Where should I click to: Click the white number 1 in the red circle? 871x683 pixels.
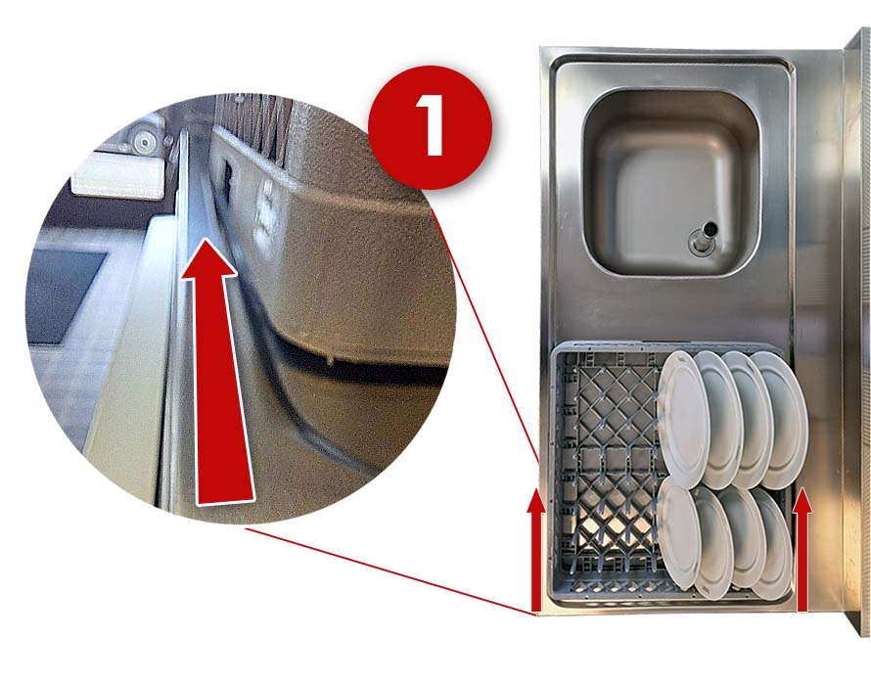click(429, 125)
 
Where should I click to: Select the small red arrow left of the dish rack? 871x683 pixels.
click(535, 550)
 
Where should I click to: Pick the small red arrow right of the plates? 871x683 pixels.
click(802, 550)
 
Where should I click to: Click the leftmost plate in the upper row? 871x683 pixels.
click(683, 419)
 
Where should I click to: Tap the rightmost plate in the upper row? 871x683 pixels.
click(783, 419)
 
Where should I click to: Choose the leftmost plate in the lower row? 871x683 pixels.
click(679, 534)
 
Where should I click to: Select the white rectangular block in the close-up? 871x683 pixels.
click(118, 176)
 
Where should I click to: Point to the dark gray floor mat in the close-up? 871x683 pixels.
click(63, 297)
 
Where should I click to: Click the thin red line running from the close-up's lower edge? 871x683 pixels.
click(390, 572)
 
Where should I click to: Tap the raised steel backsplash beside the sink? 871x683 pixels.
click(855, 333)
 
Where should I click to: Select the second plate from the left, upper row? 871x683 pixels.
click(722, 419)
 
